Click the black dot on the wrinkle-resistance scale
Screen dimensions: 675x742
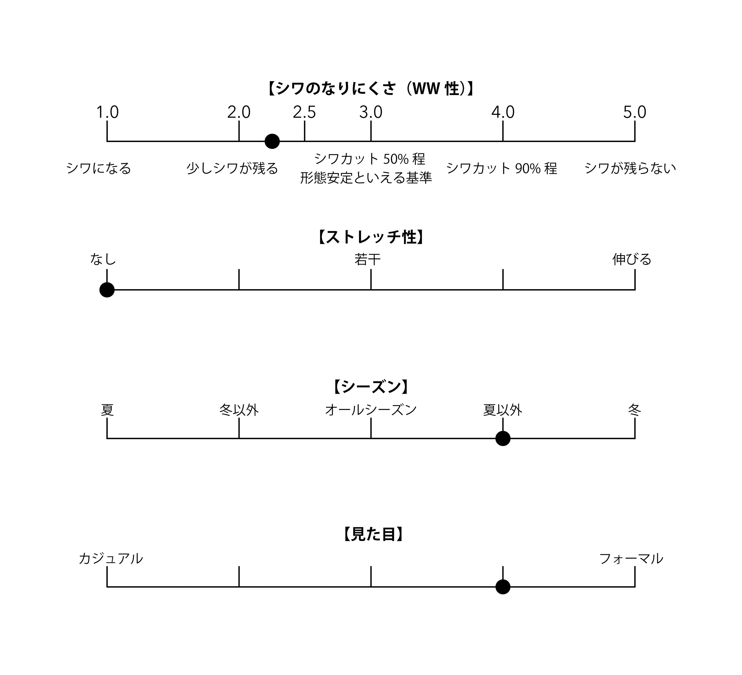pyautogui.click(x=272, y=141)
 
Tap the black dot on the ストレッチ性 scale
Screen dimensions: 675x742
pyautogui.click(x=107, y=290)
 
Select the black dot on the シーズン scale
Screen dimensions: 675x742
pyautogui.click(x=503, y=438)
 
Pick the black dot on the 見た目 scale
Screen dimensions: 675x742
pyautogui.click(x=503, y=587)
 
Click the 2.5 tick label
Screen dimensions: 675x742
pyautogui.click(x=304, y=112)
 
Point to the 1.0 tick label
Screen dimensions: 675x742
pyautogui.click(x=107, y=112)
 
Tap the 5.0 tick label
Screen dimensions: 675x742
pyautogui.click(x=635, y=112)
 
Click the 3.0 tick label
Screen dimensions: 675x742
pyautogui.click(x=371, y=112)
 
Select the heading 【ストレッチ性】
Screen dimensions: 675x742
pyautogui.click(x=371, y=237)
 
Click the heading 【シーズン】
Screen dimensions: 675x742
pyautogui.click(x=371, y=387)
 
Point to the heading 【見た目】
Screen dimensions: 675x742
pyautogui.click(x=373, y=534)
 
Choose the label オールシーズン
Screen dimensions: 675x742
pyautogui.click(x=371, y=410)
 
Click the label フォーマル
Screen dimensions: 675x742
pyautogui.click(x=631, y=559)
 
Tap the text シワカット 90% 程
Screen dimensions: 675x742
pyautogui.click(x=501, y=169)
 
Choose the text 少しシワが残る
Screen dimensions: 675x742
pyautogui.click(x=232, y=169)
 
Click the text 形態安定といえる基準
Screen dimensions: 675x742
pyautogui.click(x=366, y=178)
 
